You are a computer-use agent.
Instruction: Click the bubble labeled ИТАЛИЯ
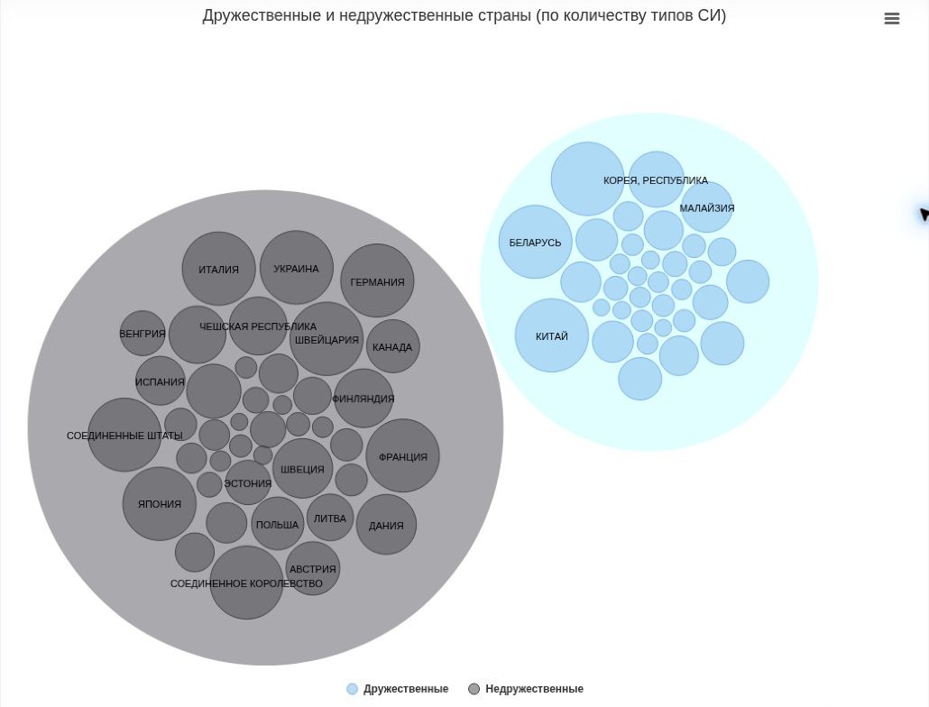pyautogui.click(x=218, y=268)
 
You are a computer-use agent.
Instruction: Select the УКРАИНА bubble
pyautogui.click(x=296, y=268)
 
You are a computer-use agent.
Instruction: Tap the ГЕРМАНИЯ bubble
pyautogui.click(x=377, y=280)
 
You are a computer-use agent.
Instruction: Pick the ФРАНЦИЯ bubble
pyautogui.click(x=403, y=456)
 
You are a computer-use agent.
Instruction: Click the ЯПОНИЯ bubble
pyautogui.click(x=160, y=504)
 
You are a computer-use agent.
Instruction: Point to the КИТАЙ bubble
pyautogui.click(x=552, y=335)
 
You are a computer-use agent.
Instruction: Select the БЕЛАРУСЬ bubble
pyautogui.click(x=535, y=242)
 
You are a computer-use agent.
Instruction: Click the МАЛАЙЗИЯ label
pyautogui.click(x=707, y=207)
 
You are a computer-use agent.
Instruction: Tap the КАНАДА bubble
pyautogui.click(x=393, y=346)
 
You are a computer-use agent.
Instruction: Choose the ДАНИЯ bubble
pyautogui.click(x=386, y=525)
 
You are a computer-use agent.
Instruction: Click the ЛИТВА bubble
pyautogui.click(x=330, y=518)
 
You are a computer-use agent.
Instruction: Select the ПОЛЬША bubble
pyautogui.click(x=277, y=524)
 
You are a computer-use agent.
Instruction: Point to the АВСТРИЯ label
pyautogui.click(x=312, y=569)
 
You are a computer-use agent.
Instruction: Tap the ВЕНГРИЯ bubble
pyautogui.click(x=143, y=334)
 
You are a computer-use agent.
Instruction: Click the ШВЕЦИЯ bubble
pyautogui.click(x=302, y=468)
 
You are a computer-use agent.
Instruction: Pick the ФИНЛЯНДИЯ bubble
pyautogui.click(x=363, y=398)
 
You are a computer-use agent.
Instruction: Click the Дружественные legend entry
pyautogui.click(x=398, y=689)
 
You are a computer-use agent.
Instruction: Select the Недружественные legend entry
pyautogui.click(x=526, y=689)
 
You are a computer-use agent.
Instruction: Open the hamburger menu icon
pyautogui.click(x=892, y=19)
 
